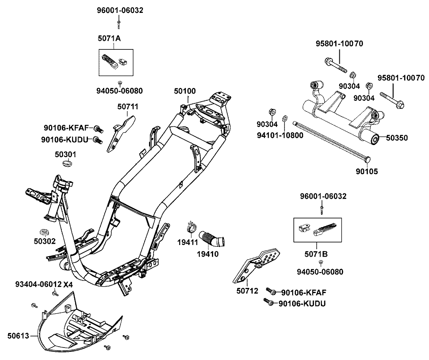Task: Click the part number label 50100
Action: click(x=185, y=91)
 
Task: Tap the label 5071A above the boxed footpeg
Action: click(x=109, y=39)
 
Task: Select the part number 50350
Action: click(x=396, y=138)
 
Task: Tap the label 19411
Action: click(x=187, y=242)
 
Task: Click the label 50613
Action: click(x=18, y=335)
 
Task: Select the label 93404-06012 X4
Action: click(x=44, y=284)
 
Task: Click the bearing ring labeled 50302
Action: click(x=45, y=227)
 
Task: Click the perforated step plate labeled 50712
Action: click(x=259, y=264)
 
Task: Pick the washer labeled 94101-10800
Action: click(x=285, y=118)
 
